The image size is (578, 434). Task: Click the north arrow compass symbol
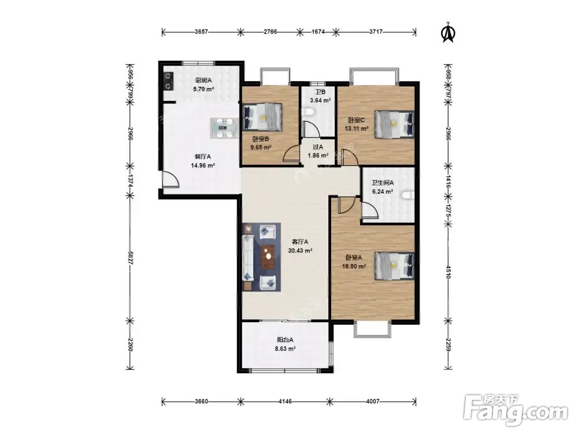(449, 32)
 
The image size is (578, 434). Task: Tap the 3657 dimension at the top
(202, 32)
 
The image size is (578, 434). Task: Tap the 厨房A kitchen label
(203, 80)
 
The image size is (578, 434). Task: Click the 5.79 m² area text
(204, 89)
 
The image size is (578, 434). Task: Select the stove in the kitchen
(168, 81)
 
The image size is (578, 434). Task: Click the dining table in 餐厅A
(224, 128)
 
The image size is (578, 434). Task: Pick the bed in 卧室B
(262, 117)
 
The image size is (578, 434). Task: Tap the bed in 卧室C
(394, 124)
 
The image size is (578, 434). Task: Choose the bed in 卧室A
(394, 266)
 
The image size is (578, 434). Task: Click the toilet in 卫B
(308, 112)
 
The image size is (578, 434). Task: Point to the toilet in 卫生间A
(409, 195)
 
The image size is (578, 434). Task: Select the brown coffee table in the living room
(268, 257)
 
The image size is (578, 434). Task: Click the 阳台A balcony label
(286, 340)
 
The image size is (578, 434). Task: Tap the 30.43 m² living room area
(300, 251)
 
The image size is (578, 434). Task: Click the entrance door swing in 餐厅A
(171, 181)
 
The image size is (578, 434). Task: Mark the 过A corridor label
(318, 147)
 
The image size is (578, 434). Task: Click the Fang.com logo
(516, 410)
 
